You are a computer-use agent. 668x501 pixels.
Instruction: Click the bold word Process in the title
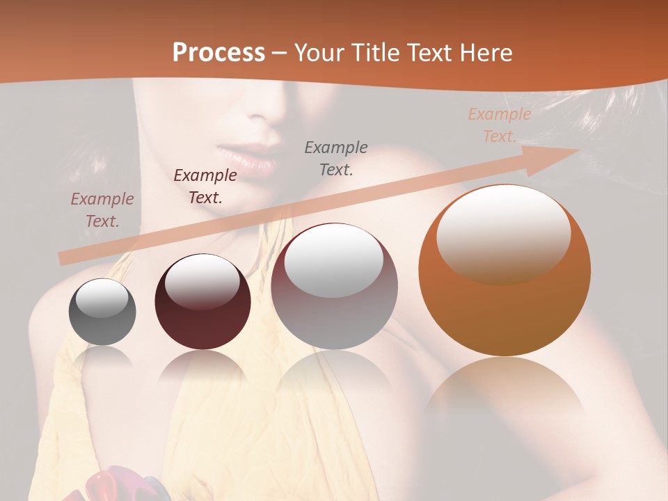coord(218,53)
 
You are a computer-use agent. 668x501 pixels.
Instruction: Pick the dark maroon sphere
coord(202,302)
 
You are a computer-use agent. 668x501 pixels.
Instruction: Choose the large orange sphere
coord(504,270)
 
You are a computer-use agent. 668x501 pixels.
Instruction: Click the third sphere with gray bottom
coord(334,286)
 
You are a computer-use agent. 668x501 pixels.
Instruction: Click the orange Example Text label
coord(499,125)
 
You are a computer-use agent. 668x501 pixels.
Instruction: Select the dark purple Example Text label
coord(205,186)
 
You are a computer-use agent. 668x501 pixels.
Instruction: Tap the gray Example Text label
coord(336,158)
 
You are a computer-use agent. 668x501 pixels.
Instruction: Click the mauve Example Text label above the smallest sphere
coord(102,210)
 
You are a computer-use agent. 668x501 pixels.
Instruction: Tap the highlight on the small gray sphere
coord(102,298)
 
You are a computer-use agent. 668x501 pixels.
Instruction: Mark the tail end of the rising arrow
coord(63,259)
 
